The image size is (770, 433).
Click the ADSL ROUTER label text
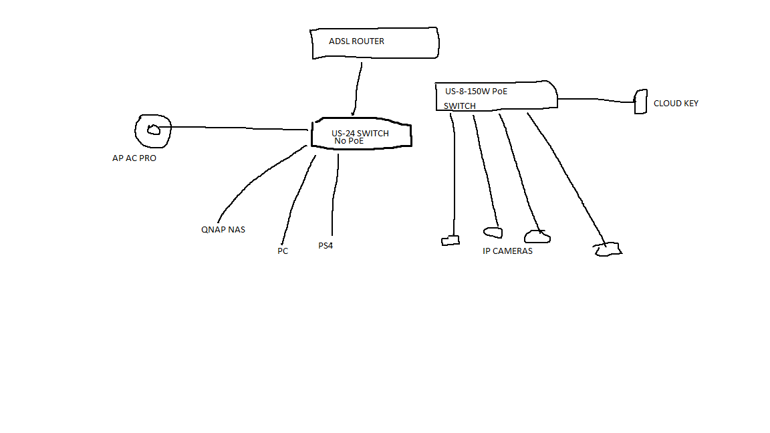click(356, 41)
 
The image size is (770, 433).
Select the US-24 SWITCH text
click(360, 133)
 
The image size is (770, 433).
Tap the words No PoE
click(349, 141)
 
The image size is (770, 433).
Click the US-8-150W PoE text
click(476, 92)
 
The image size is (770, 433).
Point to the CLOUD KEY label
click(676, 104)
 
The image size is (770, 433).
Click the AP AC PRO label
click(134, 159)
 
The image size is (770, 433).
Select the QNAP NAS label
click(223, 230)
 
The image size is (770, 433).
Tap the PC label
click(283, 251)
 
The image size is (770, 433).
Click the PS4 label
click(326, 246)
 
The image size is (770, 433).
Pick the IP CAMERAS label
click(508, 251)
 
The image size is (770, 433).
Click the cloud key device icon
click(640, 102)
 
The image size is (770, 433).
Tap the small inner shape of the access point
click(154, 130)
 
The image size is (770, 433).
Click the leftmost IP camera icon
click(451, 241)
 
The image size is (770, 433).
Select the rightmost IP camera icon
click(608, 250)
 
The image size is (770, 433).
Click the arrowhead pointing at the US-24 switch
click(353, 113)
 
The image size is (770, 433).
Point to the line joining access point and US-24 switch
click(241, 128)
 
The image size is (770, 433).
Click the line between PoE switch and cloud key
click(595, 100)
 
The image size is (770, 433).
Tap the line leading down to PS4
click(334, 194)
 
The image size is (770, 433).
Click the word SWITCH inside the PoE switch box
click(460, 106)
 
